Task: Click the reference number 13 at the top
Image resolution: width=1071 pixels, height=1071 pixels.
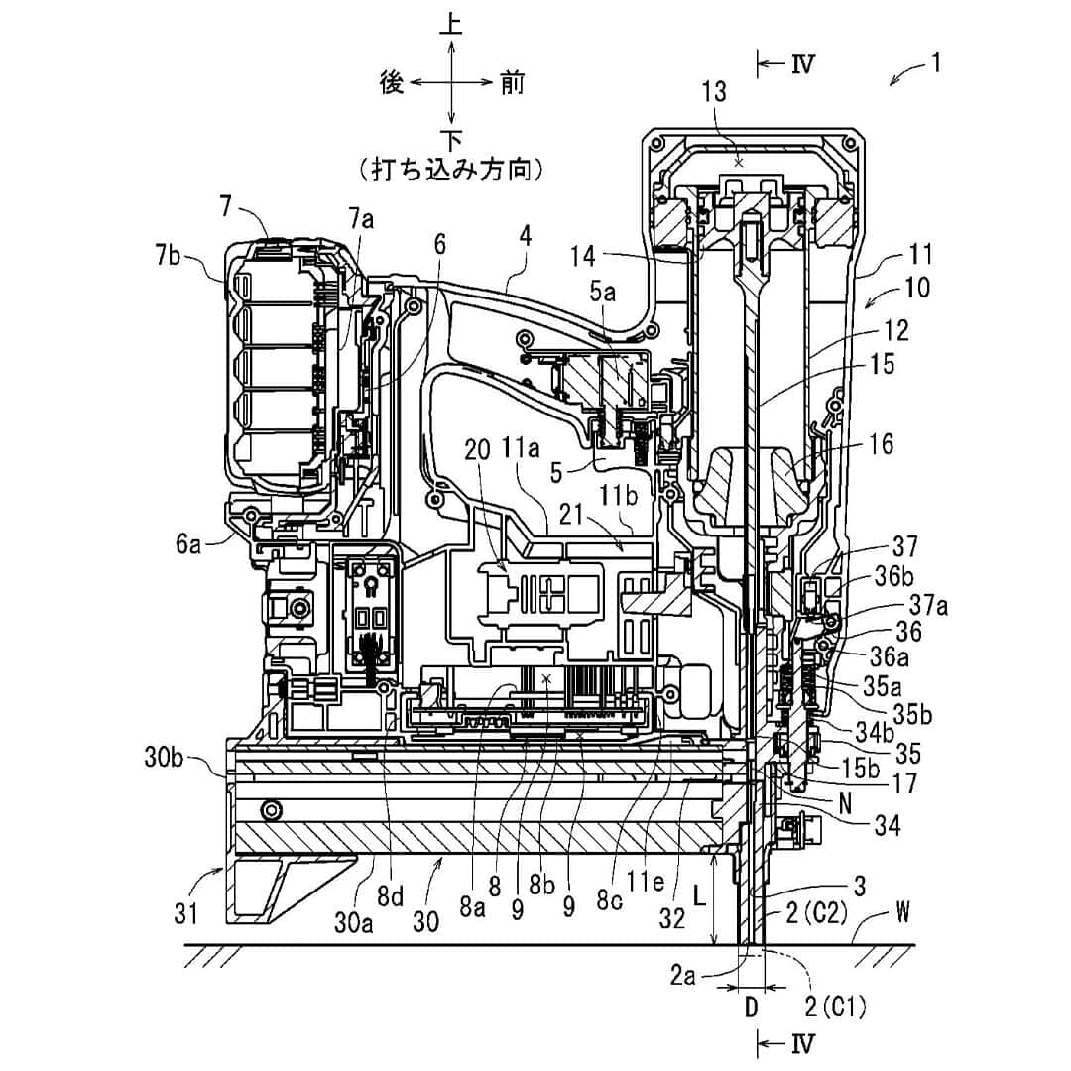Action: coord(714,92)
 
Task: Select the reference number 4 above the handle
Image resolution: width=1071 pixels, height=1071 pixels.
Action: coord(525,236)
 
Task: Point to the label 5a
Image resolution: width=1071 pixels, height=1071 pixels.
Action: coord(603,293)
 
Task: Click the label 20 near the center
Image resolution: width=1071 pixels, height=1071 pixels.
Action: coord(478,451)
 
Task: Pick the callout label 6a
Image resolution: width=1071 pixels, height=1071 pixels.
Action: coord(188,543)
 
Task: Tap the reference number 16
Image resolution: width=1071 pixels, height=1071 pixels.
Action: coord(882,444)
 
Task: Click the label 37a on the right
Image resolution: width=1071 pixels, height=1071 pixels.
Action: coord(929,605)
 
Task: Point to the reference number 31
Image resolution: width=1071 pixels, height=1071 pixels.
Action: coord(186,912)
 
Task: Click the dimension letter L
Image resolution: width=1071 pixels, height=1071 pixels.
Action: coord(699,896)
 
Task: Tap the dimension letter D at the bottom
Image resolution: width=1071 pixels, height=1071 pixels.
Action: coord(751,1007)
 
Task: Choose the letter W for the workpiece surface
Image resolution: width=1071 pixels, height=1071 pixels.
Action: coord(903,912)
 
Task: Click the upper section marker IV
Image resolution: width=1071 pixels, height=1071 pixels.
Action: coord(803,64)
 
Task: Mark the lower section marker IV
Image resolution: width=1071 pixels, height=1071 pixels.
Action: coord(803,1044)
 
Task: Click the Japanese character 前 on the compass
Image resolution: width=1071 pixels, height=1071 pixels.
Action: coord(513,83)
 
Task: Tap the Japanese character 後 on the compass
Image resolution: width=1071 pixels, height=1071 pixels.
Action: coord(392,83)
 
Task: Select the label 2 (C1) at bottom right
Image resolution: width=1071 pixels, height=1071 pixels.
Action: coord(835,1007)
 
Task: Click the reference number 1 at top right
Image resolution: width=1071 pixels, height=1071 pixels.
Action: coord(936,63)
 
